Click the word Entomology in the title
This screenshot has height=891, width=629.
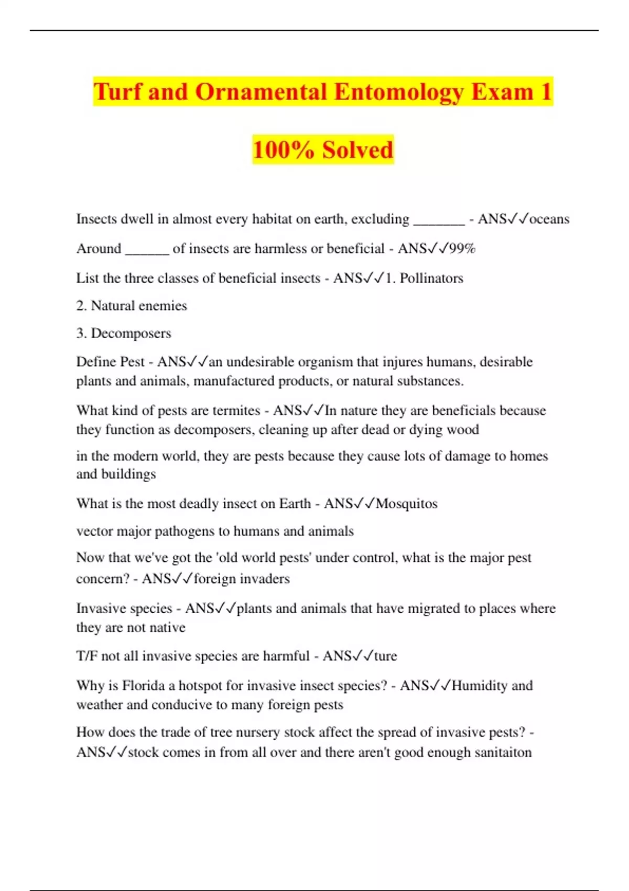point(399,92)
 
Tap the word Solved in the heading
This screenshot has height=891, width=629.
point(357,150)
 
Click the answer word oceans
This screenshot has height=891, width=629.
point(549,219)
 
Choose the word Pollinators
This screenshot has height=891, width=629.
point(431,278)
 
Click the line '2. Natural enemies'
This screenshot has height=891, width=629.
point(132,306)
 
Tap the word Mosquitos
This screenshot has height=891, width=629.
point(407,504)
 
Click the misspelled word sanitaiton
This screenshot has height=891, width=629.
point(503,753)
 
